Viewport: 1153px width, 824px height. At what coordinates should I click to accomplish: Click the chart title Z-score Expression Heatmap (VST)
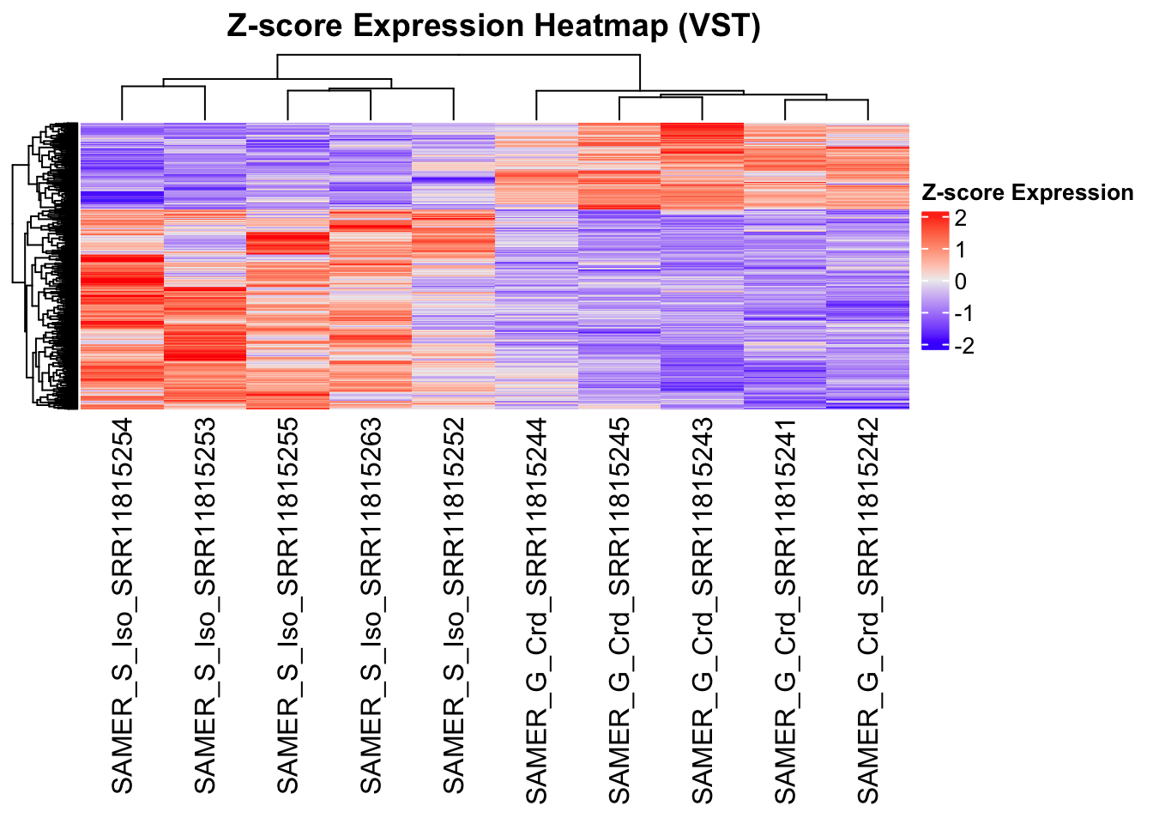pos(493,27)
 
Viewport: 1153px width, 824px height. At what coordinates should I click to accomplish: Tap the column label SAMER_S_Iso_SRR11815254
pos(123,606)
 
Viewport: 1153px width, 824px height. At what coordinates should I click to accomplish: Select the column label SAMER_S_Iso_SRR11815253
pos(206,606)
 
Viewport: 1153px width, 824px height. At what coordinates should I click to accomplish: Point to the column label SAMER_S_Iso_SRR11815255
pos(288,606)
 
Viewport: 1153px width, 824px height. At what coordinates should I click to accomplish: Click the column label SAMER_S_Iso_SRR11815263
pos(371,606)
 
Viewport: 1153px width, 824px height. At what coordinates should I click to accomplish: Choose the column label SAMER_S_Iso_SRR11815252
pos(454,606)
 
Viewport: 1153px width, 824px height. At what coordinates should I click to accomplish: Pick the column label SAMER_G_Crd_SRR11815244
pos(537,611)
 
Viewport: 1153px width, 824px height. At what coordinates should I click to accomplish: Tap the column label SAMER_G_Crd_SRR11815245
pos(619,611)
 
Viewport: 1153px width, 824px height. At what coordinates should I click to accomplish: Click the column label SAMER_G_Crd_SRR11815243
pos(703,611)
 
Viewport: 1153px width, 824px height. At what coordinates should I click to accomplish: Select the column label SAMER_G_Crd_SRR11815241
pos(785,611)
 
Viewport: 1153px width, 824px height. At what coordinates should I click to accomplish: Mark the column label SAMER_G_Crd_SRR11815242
pos(868,611)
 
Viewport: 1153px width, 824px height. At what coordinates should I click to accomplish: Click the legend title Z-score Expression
pos(1028,193)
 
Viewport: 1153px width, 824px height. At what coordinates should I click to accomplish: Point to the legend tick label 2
pos(960,218)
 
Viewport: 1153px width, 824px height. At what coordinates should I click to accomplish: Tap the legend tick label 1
pos(960,250)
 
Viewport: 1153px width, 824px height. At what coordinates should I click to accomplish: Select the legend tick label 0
pos(960,282)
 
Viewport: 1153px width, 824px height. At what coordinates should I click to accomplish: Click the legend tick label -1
pos(963,313)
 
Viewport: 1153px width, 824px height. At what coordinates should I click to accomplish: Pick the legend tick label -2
pos(963,345)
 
